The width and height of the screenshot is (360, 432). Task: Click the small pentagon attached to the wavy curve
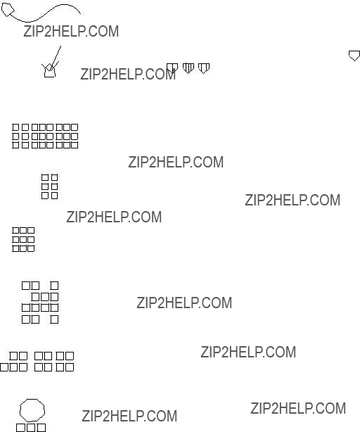[8, 10]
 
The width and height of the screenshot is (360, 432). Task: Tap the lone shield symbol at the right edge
[354, 56]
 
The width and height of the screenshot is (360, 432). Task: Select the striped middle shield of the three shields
[188, 68]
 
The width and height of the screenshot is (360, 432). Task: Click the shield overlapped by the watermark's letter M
[172, 68]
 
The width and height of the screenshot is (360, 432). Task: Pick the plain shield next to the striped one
[204, 68]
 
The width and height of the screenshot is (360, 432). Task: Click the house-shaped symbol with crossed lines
[50, 70]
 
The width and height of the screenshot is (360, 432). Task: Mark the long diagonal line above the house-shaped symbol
[56, 58]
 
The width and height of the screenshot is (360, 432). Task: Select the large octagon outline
[32, 410]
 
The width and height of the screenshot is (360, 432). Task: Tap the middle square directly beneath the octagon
[31, 428]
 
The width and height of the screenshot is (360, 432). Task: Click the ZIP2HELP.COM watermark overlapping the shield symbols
[128, 74]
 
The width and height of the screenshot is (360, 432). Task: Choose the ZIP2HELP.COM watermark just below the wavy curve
[71, 31]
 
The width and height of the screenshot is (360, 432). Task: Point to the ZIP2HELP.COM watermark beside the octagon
[129, 416]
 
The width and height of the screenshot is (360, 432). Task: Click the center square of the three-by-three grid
[23, 239]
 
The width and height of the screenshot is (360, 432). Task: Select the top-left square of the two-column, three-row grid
[45, 177]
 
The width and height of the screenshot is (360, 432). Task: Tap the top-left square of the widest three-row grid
[15, 127]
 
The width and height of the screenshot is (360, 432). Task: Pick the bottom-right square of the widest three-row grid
[75, 145]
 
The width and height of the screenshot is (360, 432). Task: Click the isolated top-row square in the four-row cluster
[54, 286]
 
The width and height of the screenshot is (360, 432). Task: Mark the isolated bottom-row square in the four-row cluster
[54, 319]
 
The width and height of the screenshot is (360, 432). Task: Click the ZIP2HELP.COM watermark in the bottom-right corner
[298, 408]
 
